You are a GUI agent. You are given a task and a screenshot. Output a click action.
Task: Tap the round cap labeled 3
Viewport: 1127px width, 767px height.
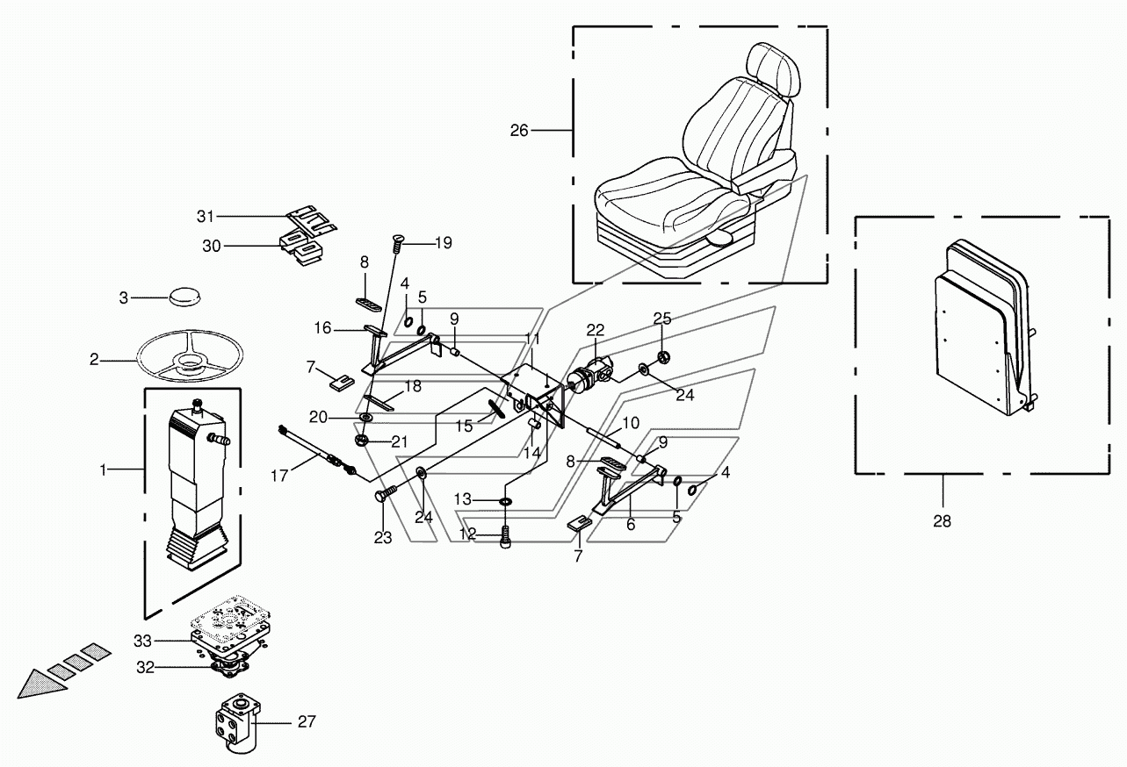pyautogui.click(x=184, y=296)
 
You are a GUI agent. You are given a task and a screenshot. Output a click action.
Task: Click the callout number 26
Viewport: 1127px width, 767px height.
pyautogui.click(x=519, y=130)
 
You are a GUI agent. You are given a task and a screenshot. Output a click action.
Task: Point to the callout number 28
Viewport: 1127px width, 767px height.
pyautogui.click(x=942, y=521)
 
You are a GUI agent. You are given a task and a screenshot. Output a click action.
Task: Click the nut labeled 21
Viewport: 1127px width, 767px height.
pyautogui.click(x=361, y=441)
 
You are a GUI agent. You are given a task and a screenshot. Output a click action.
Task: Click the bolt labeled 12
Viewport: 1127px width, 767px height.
pyautogui.click(x=505, y=537)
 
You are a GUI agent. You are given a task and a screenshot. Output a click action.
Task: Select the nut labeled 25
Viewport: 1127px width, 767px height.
pyautogui.click(x=663, y=357)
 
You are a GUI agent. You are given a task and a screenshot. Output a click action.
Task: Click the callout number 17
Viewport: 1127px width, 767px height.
pyautogui.click(x=279, y=475)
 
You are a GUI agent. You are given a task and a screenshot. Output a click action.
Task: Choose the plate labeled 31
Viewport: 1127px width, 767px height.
pyautogui.click(x=312, y=220)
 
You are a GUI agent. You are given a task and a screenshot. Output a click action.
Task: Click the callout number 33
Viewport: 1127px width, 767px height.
pyautogui.click(x=142, y=641)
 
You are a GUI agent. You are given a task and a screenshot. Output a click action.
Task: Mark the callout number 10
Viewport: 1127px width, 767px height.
pyautogui.click(x=631, y=423)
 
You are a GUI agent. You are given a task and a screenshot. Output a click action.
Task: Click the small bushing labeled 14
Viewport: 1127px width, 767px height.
pyautogui.click(x=534, y=425)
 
